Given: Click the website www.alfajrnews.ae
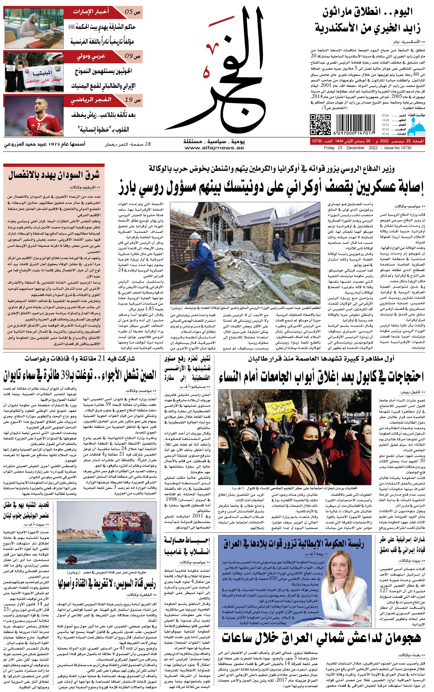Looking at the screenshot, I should [x=214, y=148].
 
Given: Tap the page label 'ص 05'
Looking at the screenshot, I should [x=133, y=12].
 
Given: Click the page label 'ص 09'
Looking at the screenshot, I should [x=133, y=56].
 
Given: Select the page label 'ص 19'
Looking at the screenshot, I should [x=133, y=100].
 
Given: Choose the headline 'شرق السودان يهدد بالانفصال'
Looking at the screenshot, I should [x=54, y=176].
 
